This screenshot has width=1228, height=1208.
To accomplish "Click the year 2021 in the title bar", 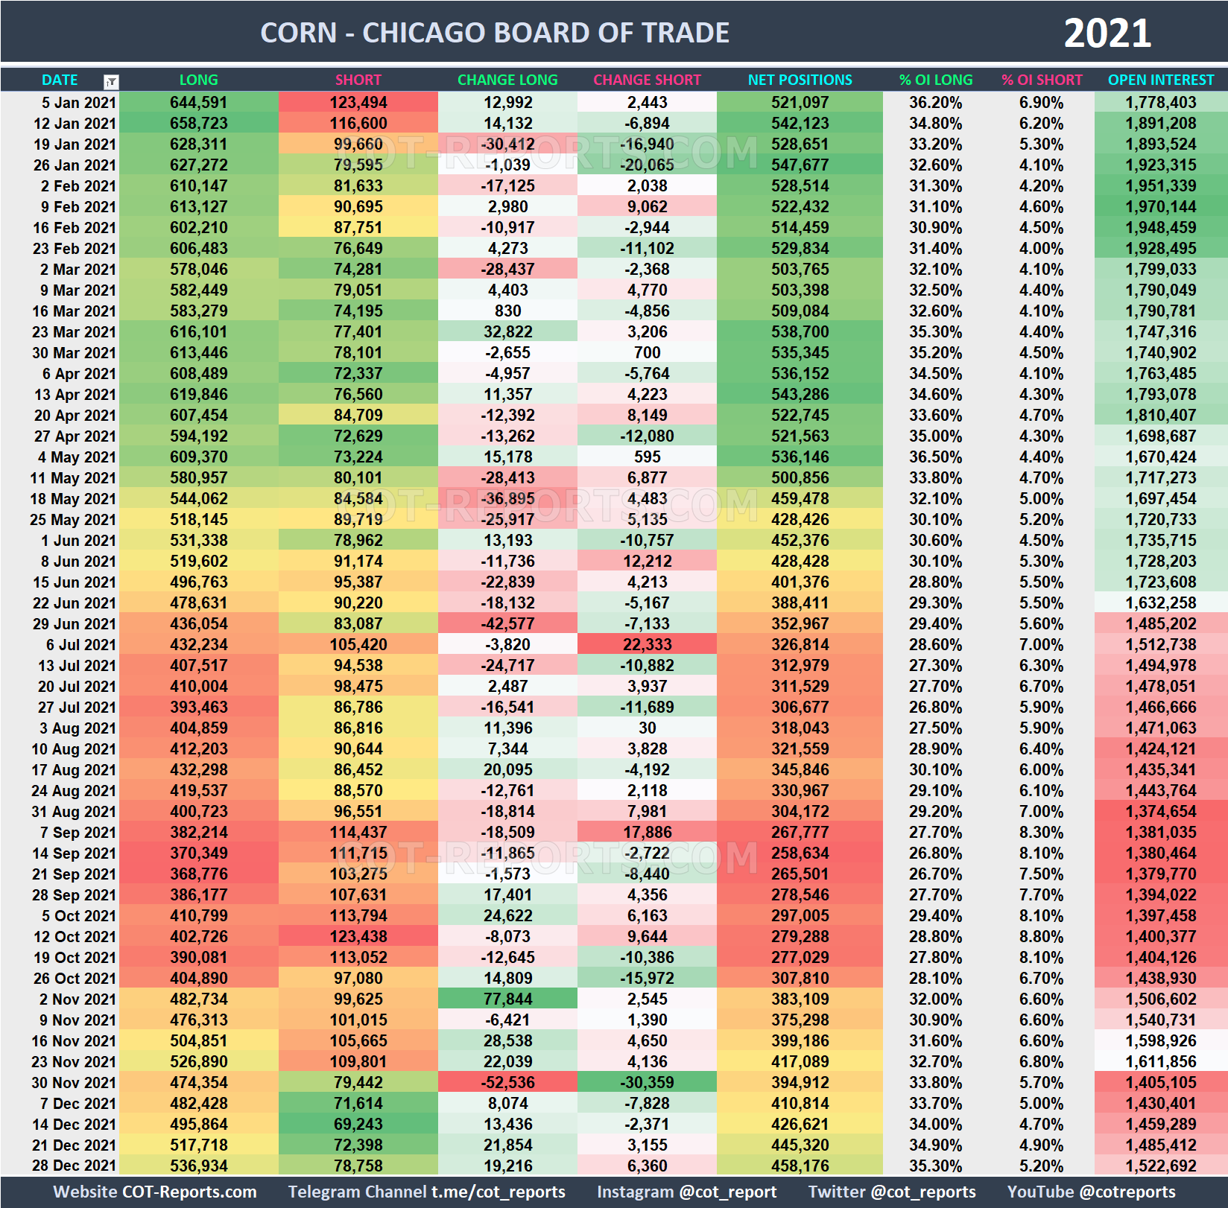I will pos(1107,34).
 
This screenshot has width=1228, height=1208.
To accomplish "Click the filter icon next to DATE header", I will pos(111,81).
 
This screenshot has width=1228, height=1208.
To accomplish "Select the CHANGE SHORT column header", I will pos(647,80).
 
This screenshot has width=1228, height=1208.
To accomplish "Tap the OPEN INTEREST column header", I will pos(1160,80).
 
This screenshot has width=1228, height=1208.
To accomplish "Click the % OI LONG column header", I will pos(935,80).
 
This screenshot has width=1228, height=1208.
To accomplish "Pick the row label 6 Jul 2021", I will pos(80,644).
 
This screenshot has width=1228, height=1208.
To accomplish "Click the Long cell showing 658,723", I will pos(198,123).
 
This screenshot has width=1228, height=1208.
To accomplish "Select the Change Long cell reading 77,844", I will pos(507,999).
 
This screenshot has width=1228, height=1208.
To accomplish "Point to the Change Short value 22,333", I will pos(647,644).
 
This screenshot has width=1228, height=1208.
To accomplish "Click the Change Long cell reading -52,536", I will pos(507,1082).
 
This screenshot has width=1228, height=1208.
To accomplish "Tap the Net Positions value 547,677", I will pos(800,165).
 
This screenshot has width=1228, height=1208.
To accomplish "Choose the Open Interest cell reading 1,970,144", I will pos(1160,206).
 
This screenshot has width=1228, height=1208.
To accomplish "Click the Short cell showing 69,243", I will pos(358,1124).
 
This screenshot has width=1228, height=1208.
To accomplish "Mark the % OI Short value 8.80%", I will pos(1041,936).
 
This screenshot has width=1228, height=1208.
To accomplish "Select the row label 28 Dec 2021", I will pos(74,1166).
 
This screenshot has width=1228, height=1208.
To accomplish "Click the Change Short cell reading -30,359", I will pos(647,1082).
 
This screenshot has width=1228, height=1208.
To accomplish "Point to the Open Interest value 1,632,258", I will pos(1160,603).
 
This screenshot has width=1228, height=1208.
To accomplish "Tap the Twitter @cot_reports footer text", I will pos(891,1192).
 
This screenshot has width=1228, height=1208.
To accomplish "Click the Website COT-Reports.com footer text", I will pos(155,1192).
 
